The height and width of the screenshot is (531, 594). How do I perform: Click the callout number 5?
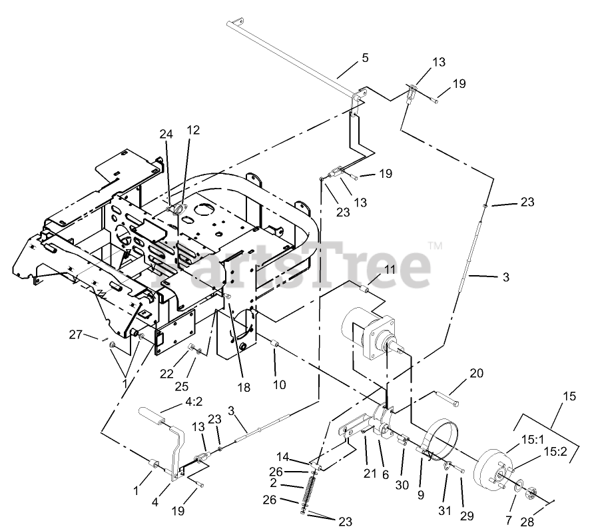pyautogui.click(x=364, y=57)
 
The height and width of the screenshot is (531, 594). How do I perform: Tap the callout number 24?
pyautogui.click(x=165, y=133)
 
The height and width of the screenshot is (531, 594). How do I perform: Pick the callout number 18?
pyautogui.click(x=244, y=386)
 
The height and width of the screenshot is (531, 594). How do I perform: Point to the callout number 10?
pyautogui.click(x=279, y=384)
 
